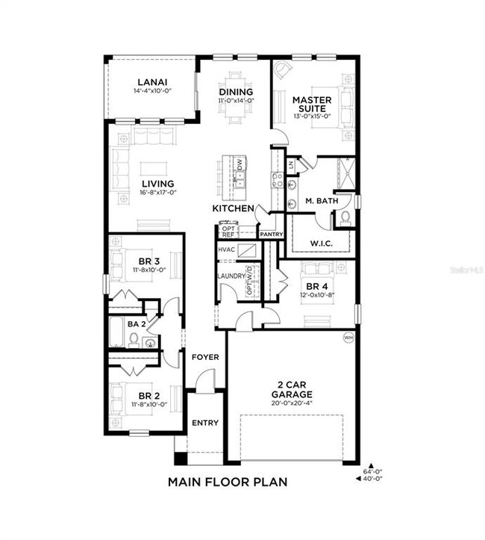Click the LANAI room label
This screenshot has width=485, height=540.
tap(151, 82)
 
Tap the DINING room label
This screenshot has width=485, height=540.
tap(236, 92)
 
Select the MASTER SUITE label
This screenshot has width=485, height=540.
tap(311, 104)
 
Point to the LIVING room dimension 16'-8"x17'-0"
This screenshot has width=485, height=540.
tap(157, 192)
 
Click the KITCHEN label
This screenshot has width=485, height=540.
tap(234, 208)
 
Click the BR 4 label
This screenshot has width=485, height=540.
tap(317, 286)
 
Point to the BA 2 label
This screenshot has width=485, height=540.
tap(136, 323)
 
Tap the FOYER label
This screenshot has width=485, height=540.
tap(205, 357)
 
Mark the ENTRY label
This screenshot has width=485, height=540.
tap(205, 423)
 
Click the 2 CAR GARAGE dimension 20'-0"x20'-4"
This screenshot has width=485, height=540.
tap(292, 403)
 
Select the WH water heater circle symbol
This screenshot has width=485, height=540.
tap(348, 338)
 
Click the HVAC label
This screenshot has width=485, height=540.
tap(226, 249)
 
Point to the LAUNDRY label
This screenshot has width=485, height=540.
tap(231, 276)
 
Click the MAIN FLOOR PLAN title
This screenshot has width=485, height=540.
tap(228, 482)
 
